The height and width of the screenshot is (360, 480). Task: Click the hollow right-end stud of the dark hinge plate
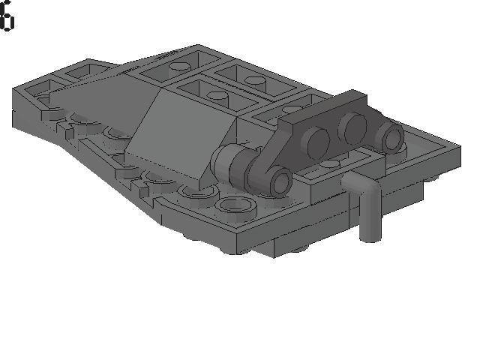click(x=390, y=135)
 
